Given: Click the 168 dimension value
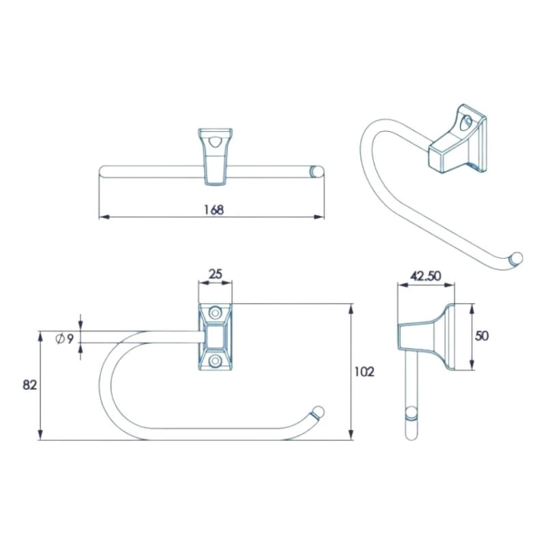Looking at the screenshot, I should (214, 210).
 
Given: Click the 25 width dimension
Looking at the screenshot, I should (215, 274).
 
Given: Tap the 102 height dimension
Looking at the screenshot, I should (365, 372).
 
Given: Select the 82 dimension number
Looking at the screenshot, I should (29, 384).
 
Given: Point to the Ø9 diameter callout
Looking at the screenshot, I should (66, 338).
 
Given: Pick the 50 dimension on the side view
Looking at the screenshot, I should (483, 336).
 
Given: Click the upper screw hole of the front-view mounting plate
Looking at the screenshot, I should (215, 313).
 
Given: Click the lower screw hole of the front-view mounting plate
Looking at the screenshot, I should (215, 360).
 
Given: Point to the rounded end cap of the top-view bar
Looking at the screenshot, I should (316, 171).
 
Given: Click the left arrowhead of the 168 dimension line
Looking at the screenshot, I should (103, 217).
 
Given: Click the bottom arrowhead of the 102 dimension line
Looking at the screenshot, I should (351, 436).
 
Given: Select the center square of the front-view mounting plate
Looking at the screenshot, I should (215, 336).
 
